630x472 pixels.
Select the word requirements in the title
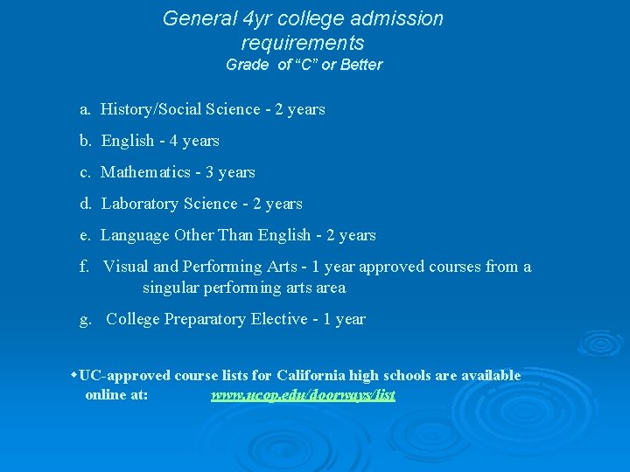pyautogui.click(x=302, y=43)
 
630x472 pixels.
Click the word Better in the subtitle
pyautogui.click(x=361, y=65)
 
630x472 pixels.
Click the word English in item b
pyautogui.click(x=128, y=141)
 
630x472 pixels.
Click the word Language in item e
pyautogui.click(x=135, y=235)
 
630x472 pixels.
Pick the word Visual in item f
pyautogui.click(x=126, y=267)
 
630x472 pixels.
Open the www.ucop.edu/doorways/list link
pyautogui.click(x=303, y=395)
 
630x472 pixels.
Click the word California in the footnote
pyautogui.click(x=311, y=376)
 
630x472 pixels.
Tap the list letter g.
pyautogui.click(x=85, y=320)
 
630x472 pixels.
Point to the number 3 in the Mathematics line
pyautogui.click(x=210, y=172)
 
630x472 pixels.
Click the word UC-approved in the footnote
pyautogui.click(x=124, y=376)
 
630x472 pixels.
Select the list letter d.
pyautogui.click(x=86, y=204)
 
